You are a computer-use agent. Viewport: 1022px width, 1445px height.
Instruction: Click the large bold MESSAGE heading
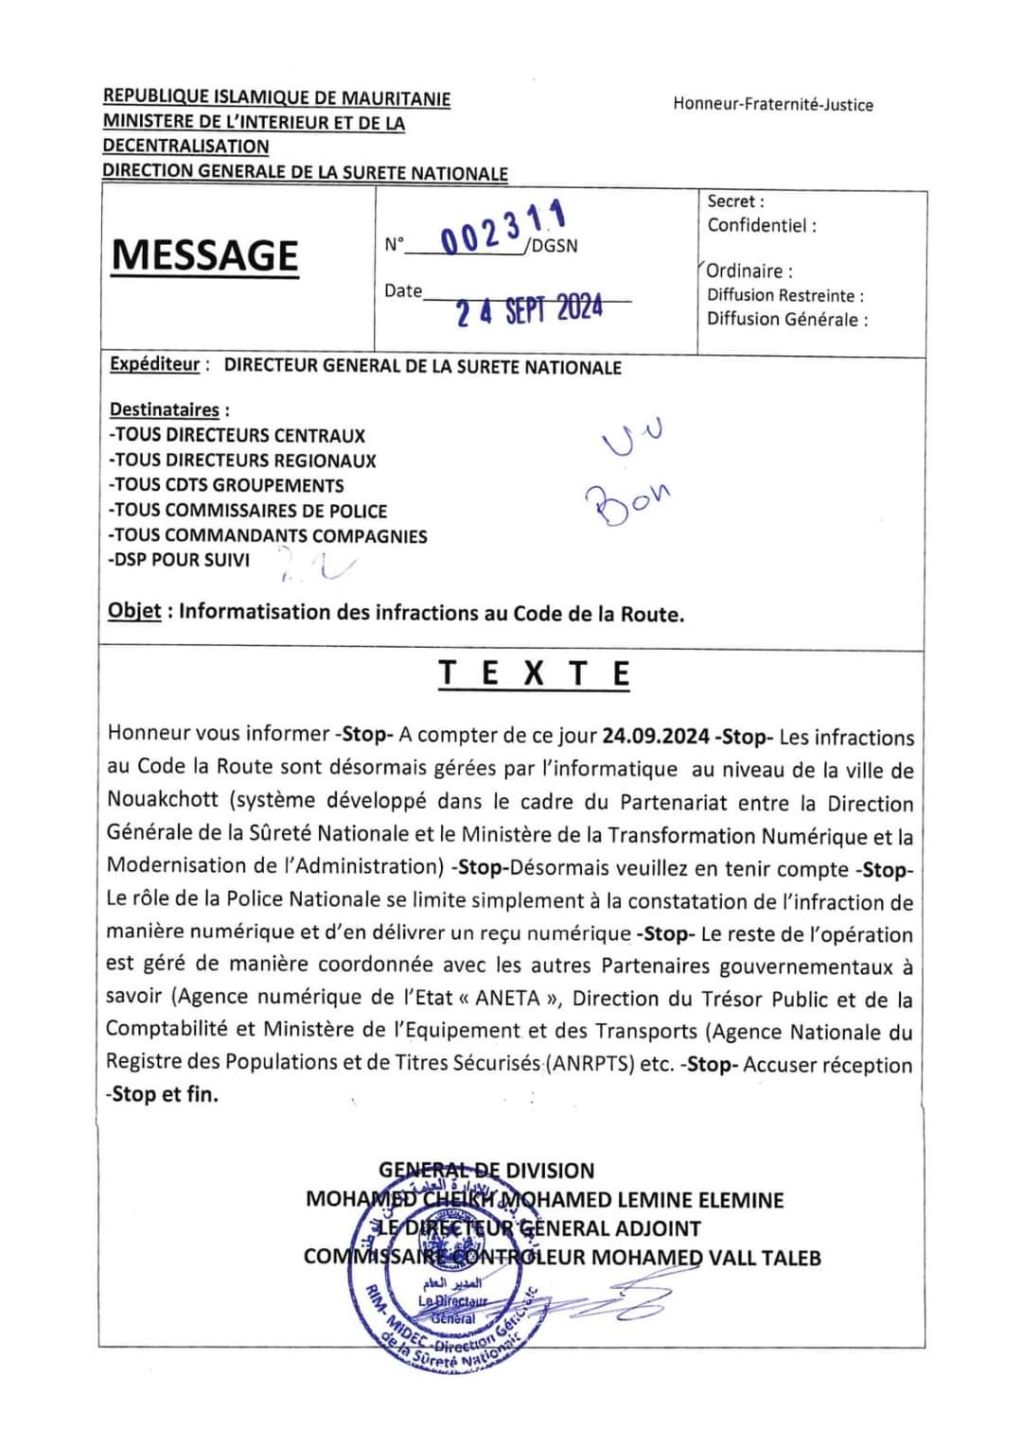204,255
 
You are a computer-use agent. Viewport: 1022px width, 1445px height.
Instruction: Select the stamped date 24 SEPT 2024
529,309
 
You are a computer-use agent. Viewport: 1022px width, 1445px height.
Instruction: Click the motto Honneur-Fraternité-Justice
773,104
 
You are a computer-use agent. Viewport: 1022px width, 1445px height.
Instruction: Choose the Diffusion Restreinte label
784,295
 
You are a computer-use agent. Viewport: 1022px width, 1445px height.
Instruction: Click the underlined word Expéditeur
155,365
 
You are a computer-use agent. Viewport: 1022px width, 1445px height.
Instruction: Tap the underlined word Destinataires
166,409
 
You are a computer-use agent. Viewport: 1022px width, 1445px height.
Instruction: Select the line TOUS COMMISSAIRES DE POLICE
249,511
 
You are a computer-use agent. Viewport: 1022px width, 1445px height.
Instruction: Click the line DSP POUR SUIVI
180,560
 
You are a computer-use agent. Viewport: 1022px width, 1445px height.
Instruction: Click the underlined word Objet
134,611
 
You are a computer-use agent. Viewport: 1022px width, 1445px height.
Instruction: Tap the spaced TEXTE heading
535,673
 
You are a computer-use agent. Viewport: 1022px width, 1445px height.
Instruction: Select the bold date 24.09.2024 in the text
656,737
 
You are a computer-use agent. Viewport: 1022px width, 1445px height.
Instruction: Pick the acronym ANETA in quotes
508,999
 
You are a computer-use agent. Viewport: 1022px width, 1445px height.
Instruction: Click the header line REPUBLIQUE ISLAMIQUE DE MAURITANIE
276,97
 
